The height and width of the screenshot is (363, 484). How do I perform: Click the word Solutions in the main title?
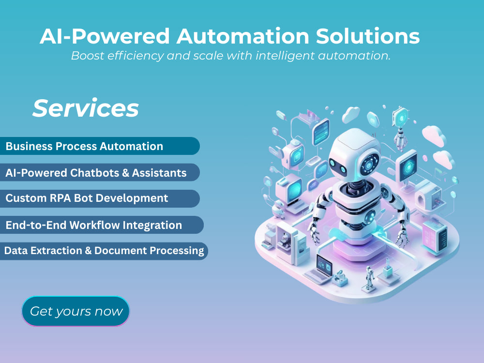tap(368, 36)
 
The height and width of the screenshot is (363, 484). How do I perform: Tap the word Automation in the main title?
tap(242, 36)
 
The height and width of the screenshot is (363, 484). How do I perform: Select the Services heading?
tap(86, 108)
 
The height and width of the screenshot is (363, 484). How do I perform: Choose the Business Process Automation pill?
tap(99, 146)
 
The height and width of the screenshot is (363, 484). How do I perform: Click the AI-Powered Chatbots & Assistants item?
tap(99, 173)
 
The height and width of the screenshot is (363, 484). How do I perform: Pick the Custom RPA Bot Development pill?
tap(99, 198)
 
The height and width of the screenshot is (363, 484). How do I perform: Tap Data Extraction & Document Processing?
tap(104, 251)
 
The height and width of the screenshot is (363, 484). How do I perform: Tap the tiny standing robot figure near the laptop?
tap(368, 277)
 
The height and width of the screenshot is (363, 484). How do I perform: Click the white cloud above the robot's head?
tap(351, 114)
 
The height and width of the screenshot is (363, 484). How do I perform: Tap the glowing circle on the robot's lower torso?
tap(370, 216)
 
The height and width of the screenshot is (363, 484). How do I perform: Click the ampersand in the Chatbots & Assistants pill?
tap(126, 173)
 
